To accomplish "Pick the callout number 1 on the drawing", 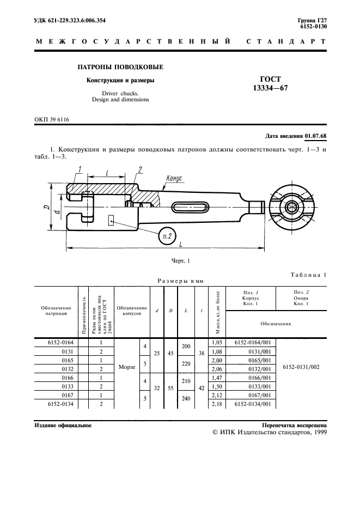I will coord(80,169).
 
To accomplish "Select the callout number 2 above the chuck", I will coord(140,169).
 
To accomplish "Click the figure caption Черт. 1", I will coord(180,261).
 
